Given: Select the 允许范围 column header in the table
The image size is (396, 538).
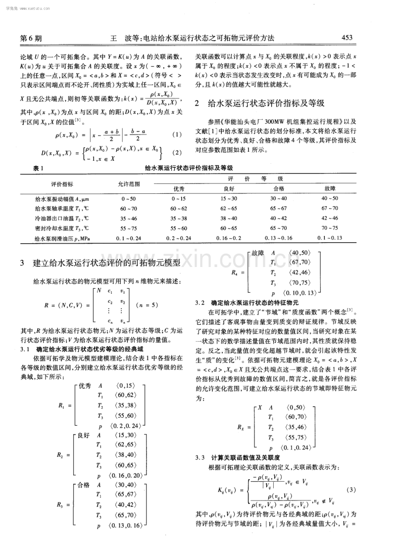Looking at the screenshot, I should point(128,183).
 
